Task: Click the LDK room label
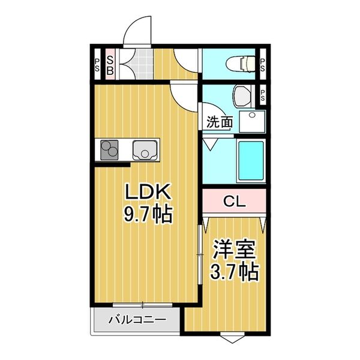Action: click(x=148, y=193)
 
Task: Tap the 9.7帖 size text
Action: click(x=148, y=213)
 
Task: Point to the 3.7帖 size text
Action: click(x=234, y=273)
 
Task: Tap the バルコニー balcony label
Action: click(x=137, y=320)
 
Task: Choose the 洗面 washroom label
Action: click(x=220, y=122)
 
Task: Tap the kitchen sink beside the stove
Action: click(x=145, y=149)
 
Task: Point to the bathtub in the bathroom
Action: click(x=251, y=160)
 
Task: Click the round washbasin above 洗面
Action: click(x=242, y=95)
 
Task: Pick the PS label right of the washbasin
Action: click(x=263, y=95)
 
